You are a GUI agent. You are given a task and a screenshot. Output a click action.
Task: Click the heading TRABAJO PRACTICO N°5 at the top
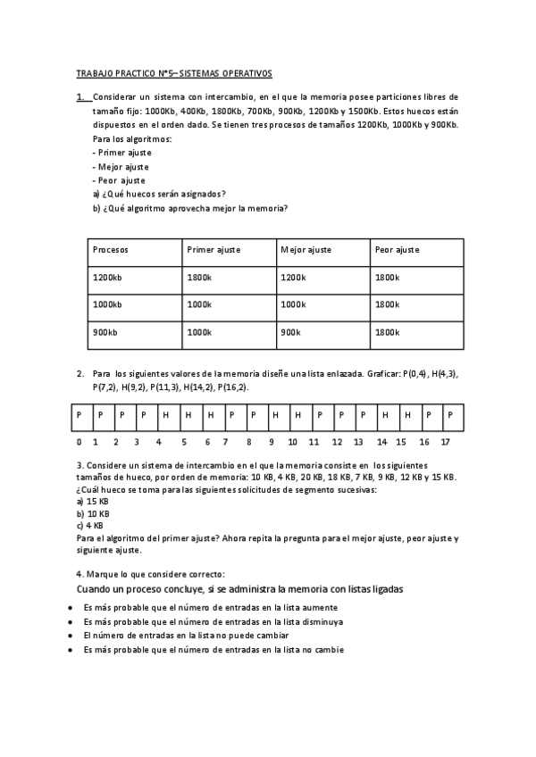click(x=174, y=73)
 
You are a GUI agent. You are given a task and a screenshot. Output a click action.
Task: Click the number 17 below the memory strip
click(x=446, y=442)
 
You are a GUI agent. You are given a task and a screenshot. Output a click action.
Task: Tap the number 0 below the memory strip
click(x=79, y=442)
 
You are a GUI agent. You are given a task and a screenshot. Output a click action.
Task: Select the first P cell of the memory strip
click(x=79, y=415)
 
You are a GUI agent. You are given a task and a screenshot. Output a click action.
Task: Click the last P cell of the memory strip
click(x=450, y=415)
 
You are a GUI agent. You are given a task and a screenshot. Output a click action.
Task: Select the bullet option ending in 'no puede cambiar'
click(x=185, y=636)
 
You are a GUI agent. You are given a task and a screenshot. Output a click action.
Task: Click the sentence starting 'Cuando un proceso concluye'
click(x=239, y=589)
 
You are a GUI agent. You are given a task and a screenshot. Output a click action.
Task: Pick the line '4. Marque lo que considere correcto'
click(x=150, y=573)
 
